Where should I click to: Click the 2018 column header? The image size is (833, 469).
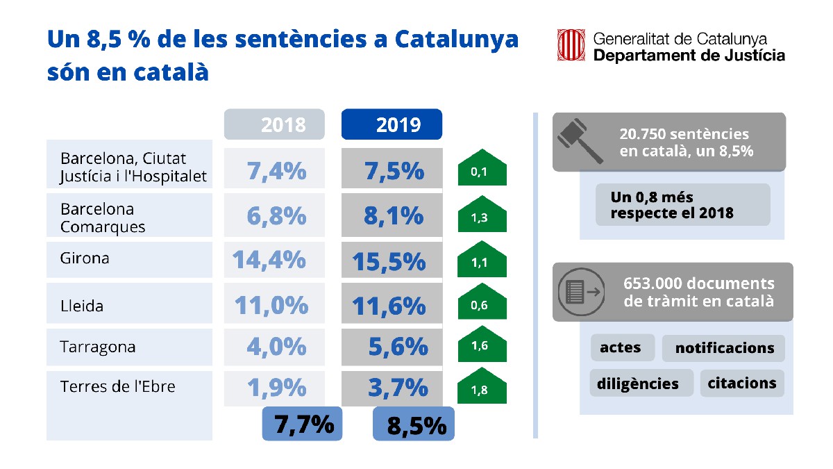274,124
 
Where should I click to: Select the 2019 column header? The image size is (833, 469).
392,124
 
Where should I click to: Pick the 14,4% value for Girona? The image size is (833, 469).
269,259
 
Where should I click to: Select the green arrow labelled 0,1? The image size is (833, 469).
482,169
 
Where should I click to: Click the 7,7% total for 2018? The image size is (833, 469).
302,424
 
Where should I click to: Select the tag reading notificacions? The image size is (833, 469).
723,348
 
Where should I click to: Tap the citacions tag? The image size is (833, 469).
742,383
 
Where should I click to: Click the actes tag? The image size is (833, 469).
622,347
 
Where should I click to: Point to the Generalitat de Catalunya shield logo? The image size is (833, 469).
572,46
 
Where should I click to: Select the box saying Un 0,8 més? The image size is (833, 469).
682,205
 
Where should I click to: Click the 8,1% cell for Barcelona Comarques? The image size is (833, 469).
393,215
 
